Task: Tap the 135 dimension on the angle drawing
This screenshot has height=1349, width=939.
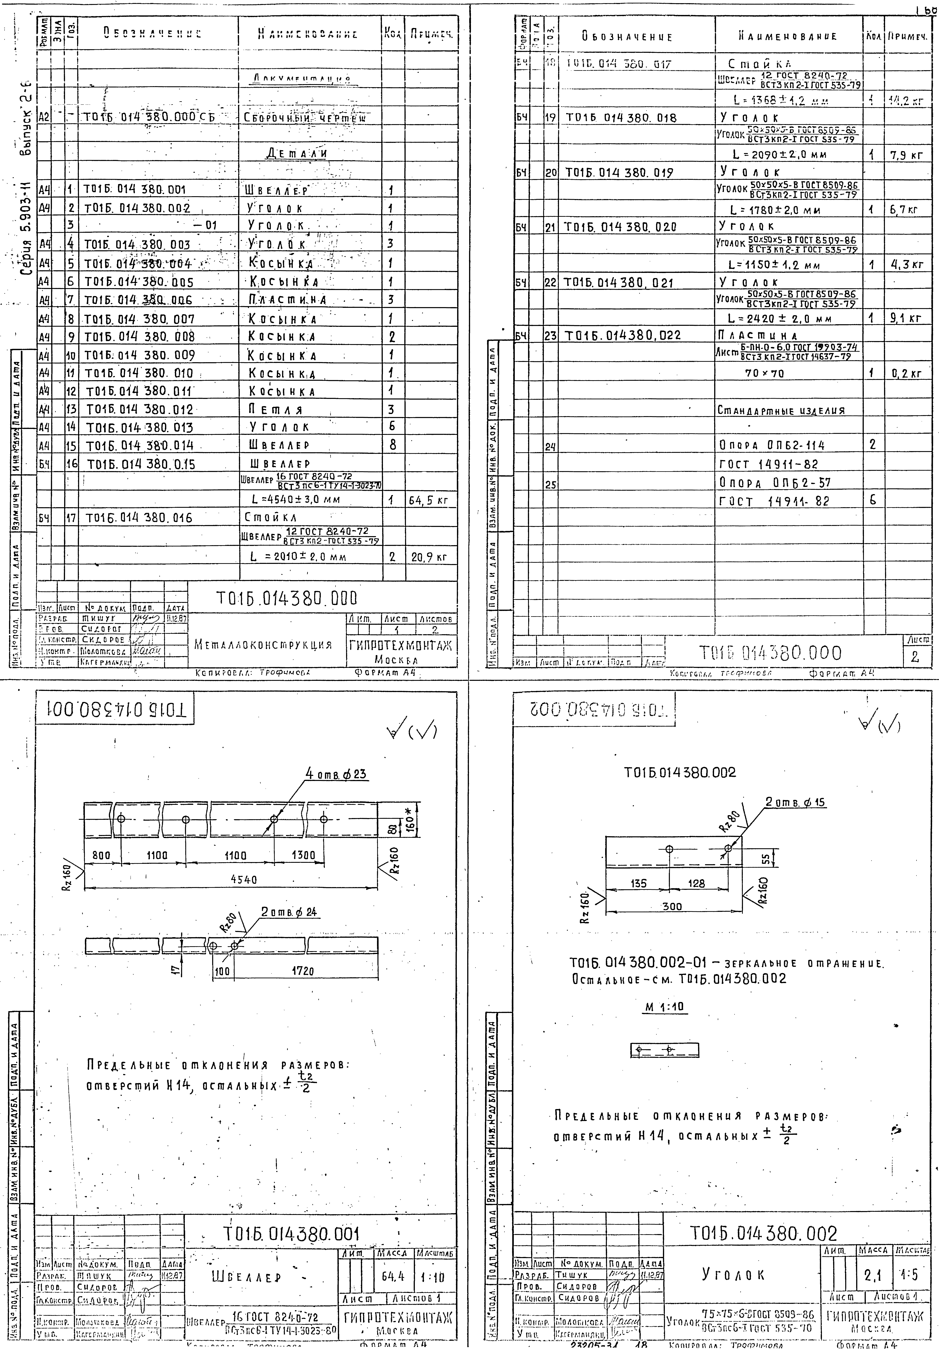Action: click(639, 883)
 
